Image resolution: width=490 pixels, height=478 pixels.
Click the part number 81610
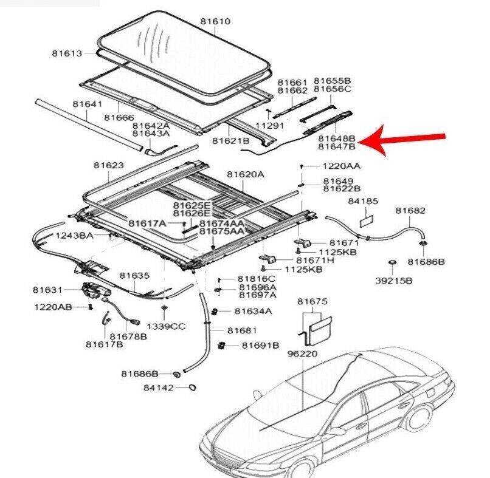pos(216,21)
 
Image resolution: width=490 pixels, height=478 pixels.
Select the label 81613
pos(66,53)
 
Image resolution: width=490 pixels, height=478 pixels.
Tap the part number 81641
pos(87,104)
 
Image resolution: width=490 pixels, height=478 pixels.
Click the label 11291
pos(269,125)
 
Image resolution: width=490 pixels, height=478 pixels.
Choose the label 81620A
pos(246,174)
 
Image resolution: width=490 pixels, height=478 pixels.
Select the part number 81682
pos(410,211)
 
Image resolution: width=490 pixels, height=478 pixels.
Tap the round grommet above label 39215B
pos(393,263)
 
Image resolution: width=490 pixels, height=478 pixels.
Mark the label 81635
pos(134,276)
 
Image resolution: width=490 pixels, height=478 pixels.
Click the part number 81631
pos(48,290)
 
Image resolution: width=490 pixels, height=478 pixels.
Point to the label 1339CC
pos(166,326)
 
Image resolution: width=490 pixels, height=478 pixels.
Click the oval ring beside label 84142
pos(190,388)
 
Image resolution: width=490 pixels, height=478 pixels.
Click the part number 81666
pos(119,117)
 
